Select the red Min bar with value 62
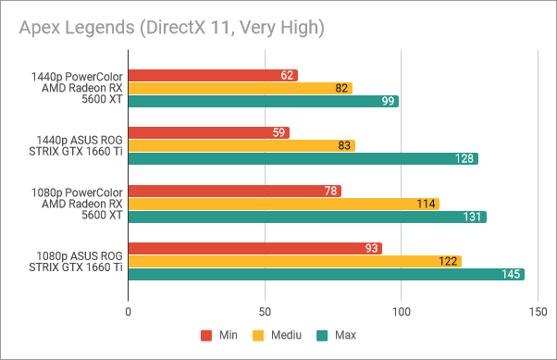[213, 75]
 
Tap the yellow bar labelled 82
[240, 88]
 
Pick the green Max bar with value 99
[263, 101]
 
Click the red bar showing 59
[208, 132]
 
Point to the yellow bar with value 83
[241, 145]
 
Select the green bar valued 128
[303, 158]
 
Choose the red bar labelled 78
[234, 191]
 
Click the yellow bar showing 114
[283, 204]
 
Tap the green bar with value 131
[306, 217]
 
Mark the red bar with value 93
[254, 248]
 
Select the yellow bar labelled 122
[294, 261]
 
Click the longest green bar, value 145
[326, 274]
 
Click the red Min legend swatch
[206, 335]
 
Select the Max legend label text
[345, 335]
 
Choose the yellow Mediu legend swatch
[259, 335]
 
